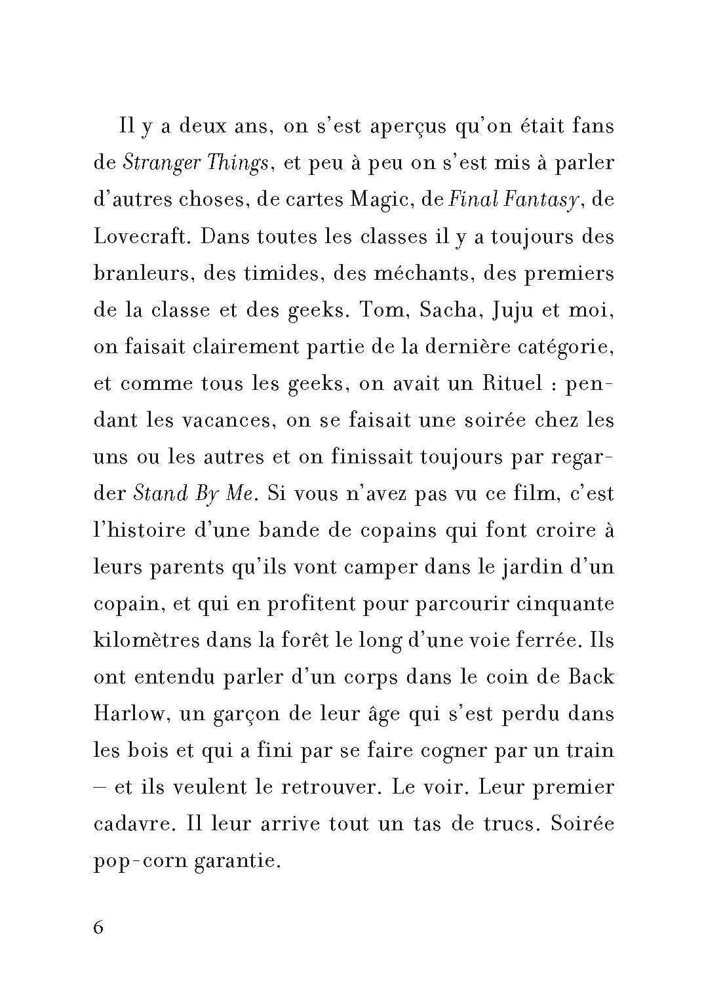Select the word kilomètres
pyautogui.click(x=146, y=640)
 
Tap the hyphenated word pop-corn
pyautogui.click(x=140, y=861)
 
